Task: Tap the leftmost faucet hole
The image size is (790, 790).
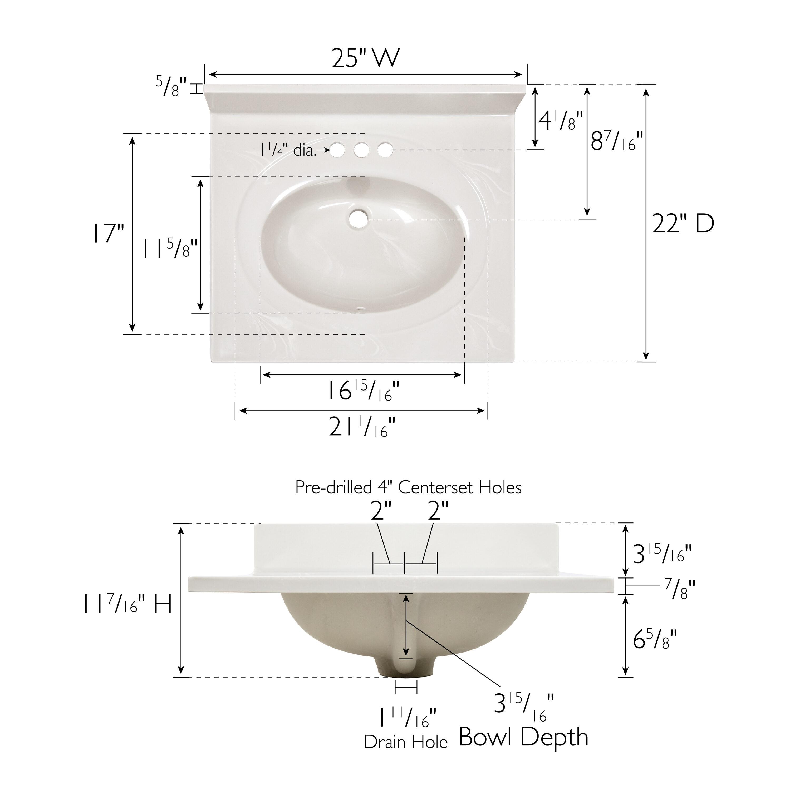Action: tap(337, 150)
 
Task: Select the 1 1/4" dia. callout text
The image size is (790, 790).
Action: tap(288, 150)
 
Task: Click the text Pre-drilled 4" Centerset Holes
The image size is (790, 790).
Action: tap(408, 487)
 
